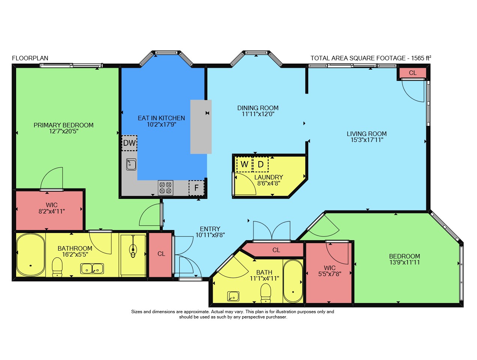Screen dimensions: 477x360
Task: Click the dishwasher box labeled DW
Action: [x=129, y=143]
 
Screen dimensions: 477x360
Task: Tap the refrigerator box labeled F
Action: [x=196, y=188]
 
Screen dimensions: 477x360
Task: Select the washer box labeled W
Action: [x=244, y=164]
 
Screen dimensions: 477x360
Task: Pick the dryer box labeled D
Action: [x=260, y=164]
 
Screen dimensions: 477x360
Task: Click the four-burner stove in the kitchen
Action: [x=165, y=188]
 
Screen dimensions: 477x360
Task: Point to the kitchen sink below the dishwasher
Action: [x=131, y=164]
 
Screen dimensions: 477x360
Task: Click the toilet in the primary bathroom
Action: [x=57, y=267]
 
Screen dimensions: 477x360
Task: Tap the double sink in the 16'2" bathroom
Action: [x=92, y=269]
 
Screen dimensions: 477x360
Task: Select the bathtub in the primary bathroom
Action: [x=31, y=255]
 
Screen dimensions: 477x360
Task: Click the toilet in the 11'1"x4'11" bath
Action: [x=265, y=293]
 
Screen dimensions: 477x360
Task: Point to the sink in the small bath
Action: [x=233, y=296]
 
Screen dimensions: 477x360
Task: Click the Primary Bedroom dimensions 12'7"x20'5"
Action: [x=63, y=131]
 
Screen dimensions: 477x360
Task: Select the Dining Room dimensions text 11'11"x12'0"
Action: [x=258, y=114]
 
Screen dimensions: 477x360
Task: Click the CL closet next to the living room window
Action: [x=412, y=73]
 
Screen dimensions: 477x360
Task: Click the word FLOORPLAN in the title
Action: [x=30, y=58]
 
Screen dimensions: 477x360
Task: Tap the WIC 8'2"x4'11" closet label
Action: [x=52, y=208]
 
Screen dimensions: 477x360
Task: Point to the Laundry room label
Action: [x=268, y=177]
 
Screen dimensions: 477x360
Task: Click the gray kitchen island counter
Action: [x=201, y=127]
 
